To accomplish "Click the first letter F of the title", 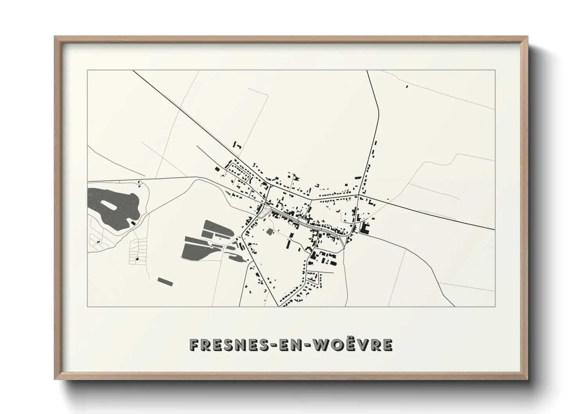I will [x=194, y=344].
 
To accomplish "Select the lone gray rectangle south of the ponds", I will [x=165, y=281].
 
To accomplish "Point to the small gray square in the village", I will [x=270, y=232].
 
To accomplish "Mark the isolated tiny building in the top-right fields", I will [x=407, y=86].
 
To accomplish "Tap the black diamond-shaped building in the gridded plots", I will [x=137, y=259].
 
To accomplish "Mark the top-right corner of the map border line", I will [x=495, y=70].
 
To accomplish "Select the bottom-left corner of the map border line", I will [x=88, y=306].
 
